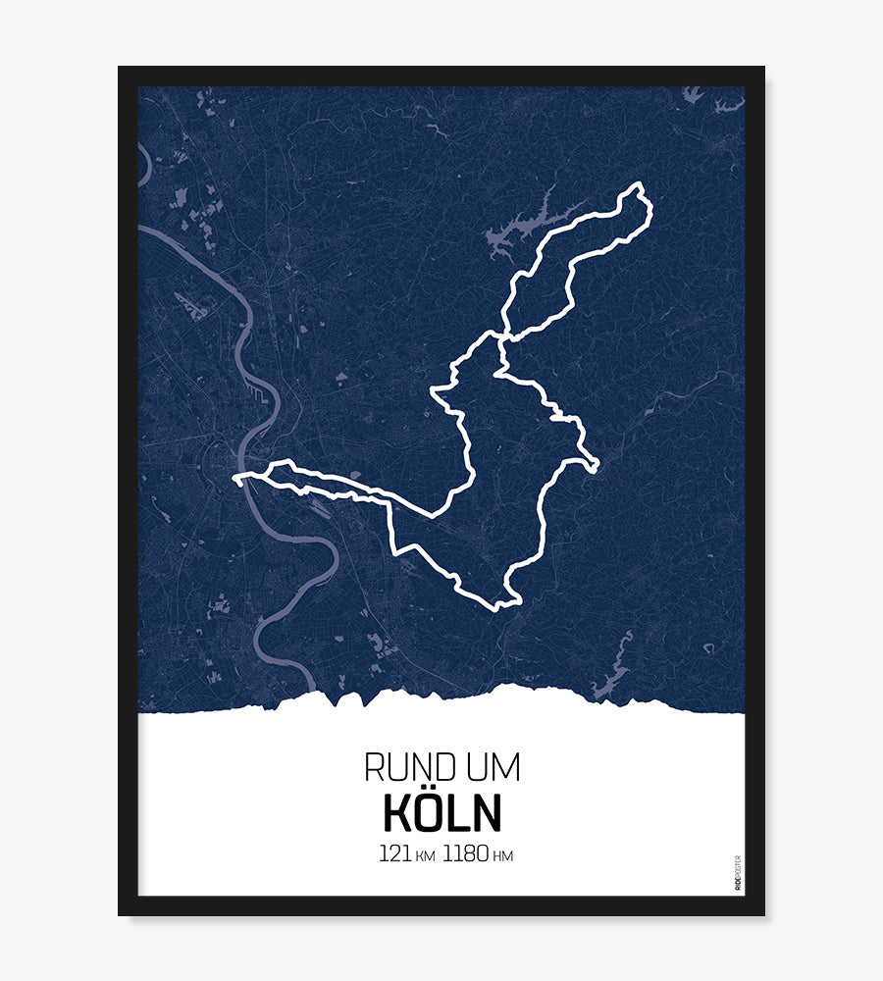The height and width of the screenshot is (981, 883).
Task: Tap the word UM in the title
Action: pos(493,767)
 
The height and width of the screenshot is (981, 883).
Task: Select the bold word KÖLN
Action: pos(441,813)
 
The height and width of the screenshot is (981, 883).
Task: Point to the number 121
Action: pos(394,853)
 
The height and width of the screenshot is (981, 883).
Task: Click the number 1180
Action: pos(465,853)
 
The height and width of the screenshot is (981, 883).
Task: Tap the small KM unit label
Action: pos(425,856)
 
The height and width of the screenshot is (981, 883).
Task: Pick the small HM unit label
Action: pos(502,856)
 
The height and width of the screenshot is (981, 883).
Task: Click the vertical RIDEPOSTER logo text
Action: pos(738,873)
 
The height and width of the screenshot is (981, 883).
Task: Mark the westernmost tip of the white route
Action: pos(236,479)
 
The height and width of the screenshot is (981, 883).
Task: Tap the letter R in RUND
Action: pos(373,767)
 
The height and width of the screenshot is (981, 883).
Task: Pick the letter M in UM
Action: pos(506,767)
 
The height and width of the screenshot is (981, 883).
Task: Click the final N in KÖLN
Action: pos(486,813)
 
